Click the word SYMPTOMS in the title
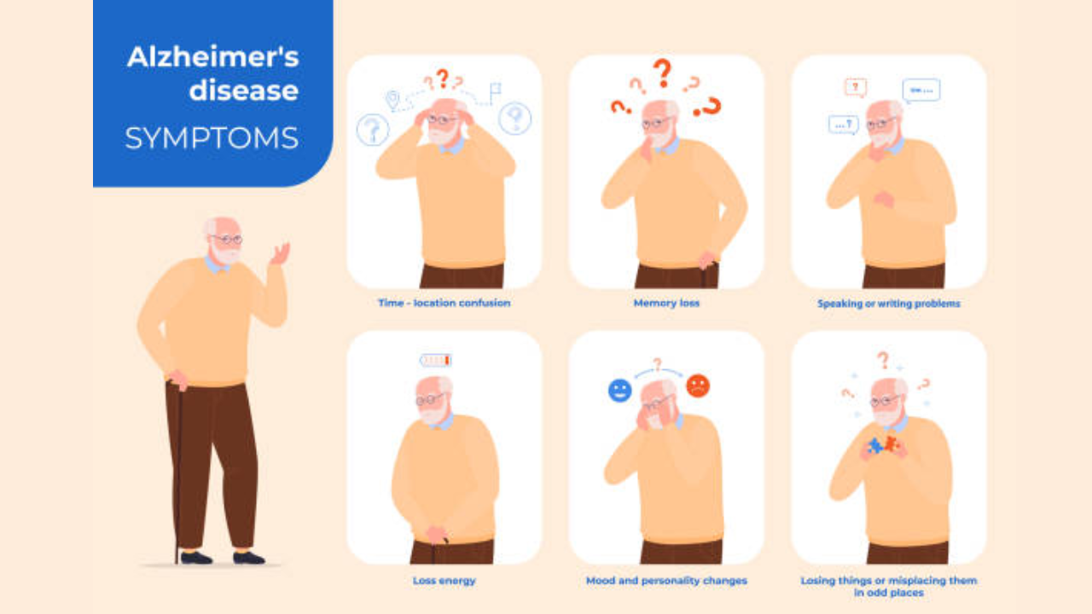click(x=212, y=138)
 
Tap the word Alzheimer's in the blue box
click(x=213, y=57)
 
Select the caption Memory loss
click(x=666, y=303)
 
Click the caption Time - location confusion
click(x=444, y=303)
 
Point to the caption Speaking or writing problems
click(x=889, y=304)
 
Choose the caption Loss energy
click(x=444, y=581)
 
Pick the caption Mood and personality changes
click(x=666, y=581)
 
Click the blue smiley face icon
click(x=620, y=391)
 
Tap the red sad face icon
click(x=698, y=386)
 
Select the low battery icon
click(x=436, y=361)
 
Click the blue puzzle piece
click(x=875, y=446)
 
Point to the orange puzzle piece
click(x=892, y=444)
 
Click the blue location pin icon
click(x=392, y=100)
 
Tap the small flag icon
click(x=495, y=91)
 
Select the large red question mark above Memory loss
click(x=663, y=73)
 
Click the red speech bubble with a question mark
click(x=856, y=88)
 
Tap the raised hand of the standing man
click(x=281, y=254)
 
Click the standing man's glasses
click(x=227, y=240)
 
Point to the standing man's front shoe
click(x=249, y=558)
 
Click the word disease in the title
click(x=244, y=90)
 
